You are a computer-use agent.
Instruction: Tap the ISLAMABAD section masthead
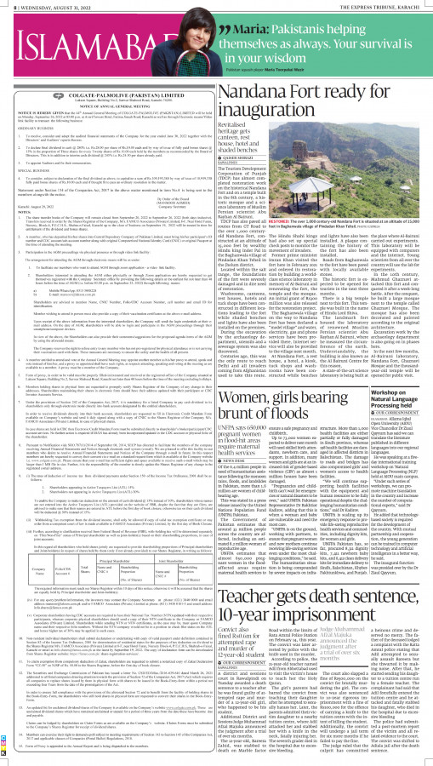pos(85,37)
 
